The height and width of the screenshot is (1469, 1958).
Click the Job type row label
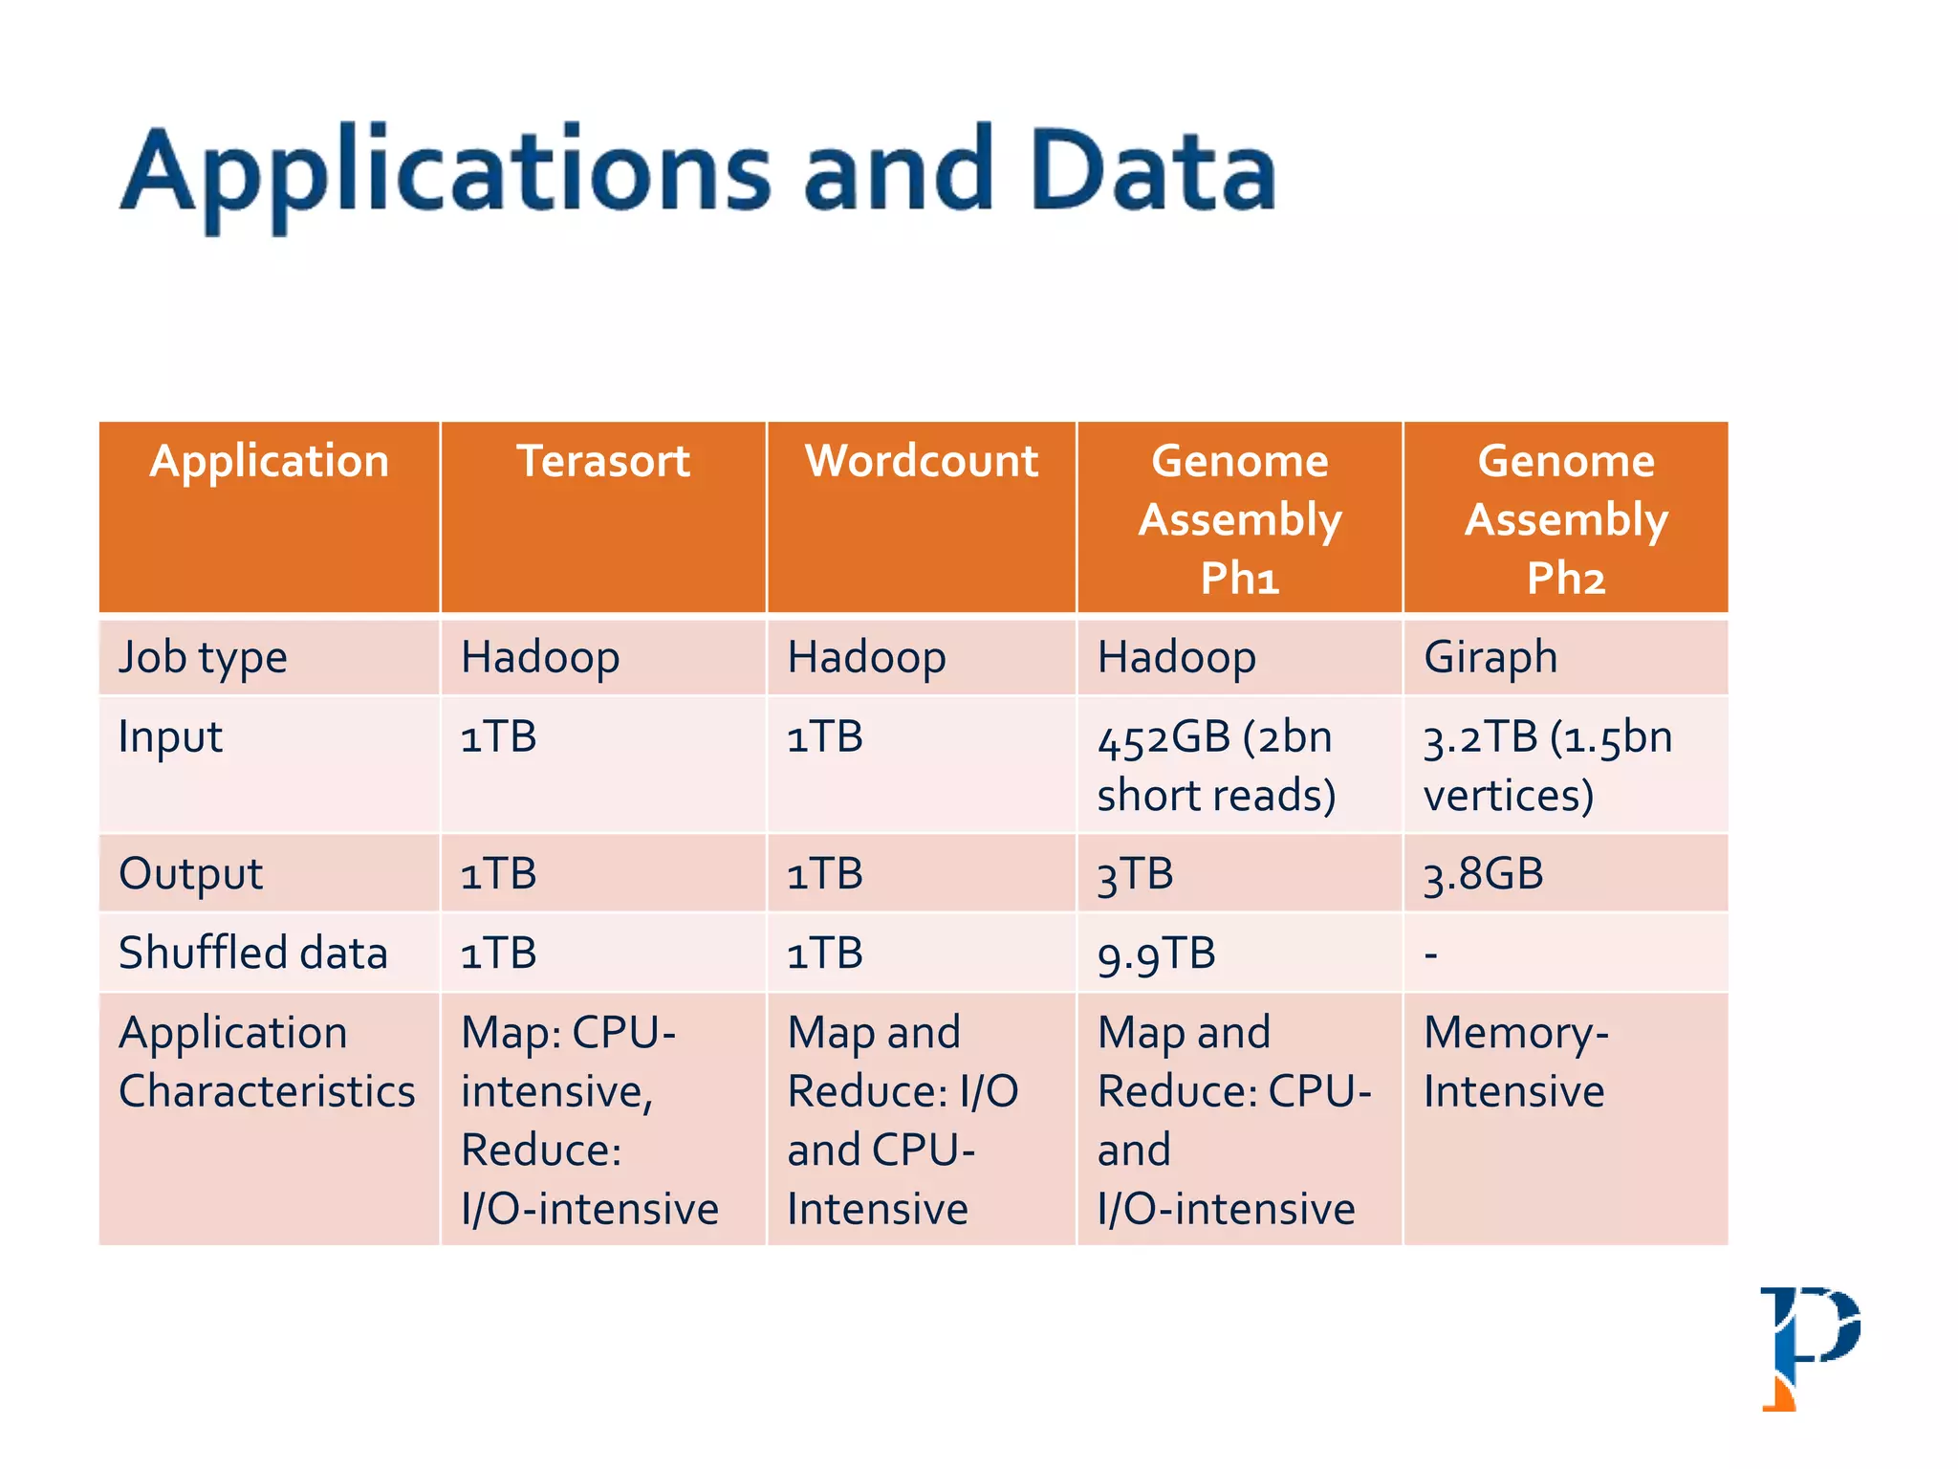203,658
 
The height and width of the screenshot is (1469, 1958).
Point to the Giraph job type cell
1490,658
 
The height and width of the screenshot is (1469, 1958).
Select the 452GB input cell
1216,766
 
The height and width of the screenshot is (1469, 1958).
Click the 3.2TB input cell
1548,766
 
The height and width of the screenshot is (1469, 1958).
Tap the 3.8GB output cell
1483,874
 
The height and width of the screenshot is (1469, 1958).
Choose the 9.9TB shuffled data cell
1157,954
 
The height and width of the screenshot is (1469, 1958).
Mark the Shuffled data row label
253,954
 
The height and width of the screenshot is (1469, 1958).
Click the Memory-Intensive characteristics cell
1515,1062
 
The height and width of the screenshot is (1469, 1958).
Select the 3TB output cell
1135,874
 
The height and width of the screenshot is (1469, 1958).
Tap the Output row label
190,874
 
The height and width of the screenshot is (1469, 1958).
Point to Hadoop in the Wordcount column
866,658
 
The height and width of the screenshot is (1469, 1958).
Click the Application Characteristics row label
267,1062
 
